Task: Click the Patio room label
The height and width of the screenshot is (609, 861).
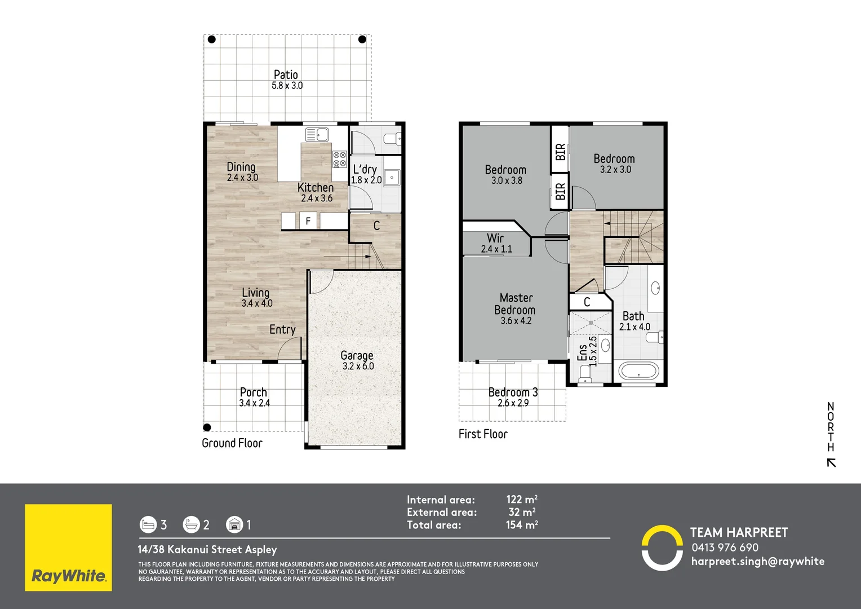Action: point(286,74)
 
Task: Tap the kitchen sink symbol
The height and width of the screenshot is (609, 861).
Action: point(317,135)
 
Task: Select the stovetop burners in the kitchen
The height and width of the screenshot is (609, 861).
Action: point(340,159)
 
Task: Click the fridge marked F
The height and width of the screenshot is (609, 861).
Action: point(308,221)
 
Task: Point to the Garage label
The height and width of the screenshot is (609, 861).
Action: point(357,355)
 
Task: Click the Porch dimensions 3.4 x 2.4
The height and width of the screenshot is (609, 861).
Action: point(255,403)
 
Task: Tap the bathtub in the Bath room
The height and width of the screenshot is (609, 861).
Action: point(639,372)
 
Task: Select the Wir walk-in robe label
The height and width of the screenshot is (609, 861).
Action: point(495,238)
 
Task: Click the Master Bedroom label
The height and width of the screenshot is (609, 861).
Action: point(516,303)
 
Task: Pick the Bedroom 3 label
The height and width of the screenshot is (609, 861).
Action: point(513,392)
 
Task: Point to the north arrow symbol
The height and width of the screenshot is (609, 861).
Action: point(831,462)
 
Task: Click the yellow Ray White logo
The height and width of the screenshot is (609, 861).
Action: point(68,548)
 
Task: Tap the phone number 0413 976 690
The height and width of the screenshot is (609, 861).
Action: point(725,548)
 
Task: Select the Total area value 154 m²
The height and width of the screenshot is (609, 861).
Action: point(522,525)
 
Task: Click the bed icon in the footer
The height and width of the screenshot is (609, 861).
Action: point(148,524)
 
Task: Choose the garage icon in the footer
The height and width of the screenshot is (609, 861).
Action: point(234,524)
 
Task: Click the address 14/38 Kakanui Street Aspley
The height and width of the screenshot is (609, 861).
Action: point(207,549)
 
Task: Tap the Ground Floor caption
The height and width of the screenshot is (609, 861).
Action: point(232,443)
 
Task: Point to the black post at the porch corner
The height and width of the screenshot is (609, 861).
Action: point(207,427)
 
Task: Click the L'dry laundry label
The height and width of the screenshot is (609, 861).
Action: point(365,169)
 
